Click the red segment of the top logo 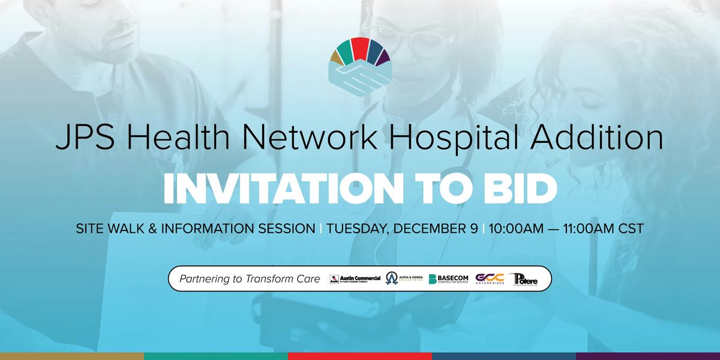(x=359, y=48)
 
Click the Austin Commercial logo (x=355, y=279)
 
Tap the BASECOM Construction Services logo (x=449, y=279)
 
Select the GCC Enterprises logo (x=489, y=279)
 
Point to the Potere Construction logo (x=525, y=279)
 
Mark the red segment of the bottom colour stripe (x=360, y=356)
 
